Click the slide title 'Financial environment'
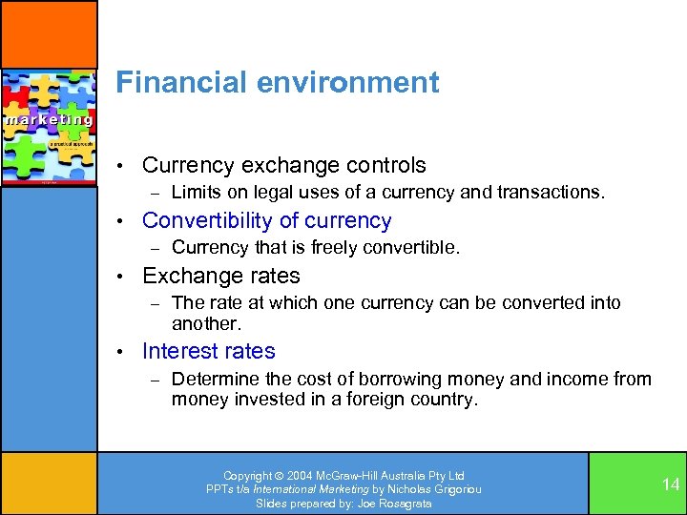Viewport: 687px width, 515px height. pos(277,83)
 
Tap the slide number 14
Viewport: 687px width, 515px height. pos(671,484)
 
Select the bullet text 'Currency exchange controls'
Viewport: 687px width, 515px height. pos(283,165)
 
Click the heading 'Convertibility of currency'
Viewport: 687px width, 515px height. pos(266,220)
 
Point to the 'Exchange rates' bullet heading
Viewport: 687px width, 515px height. pos(220,276)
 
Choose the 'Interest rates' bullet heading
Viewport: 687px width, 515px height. pos(208,351)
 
